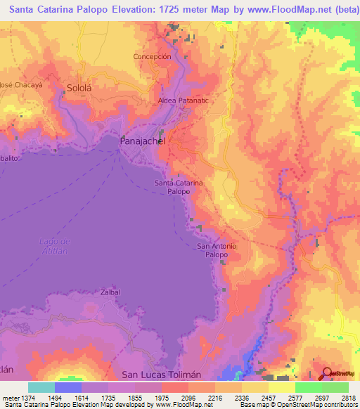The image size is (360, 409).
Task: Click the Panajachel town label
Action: click(142, 141)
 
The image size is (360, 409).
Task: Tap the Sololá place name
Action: click(79, 89)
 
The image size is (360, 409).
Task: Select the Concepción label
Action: click(153, 56)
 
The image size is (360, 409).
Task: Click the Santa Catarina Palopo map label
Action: click(179, 187)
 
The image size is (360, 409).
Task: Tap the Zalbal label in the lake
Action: click(110, 292)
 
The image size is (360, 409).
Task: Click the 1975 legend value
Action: click(162, 397)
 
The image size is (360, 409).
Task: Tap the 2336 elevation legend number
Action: click(241, 397)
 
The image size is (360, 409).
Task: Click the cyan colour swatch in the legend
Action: click(41, 387)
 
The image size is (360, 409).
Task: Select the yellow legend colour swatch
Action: click(281, 387)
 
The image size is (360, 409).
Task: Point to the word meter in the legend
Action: click(8, 397)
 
